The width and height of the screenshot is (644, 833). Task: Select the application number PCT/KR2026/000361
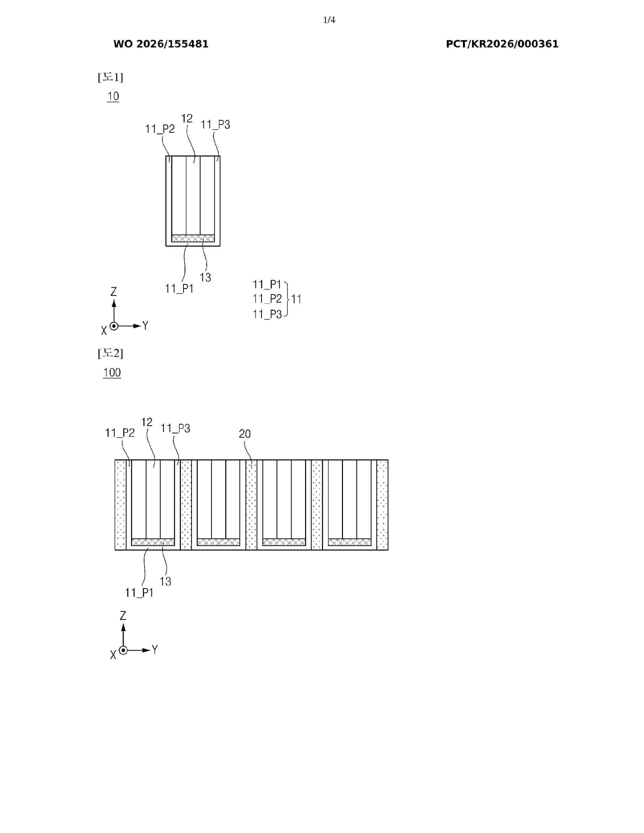502,44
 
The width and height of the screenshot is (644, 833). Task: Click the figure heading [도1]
110,77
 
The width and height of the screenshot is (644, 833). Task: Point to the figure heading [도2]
110,353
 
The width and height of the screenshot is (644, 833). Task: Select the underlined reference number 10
113,96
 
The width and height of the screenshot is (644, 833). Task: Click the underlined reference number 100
112,373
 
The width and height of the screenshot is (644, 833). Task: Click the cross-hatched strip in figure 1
193,238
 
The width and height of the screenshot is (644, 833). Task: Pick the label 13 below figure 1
205,277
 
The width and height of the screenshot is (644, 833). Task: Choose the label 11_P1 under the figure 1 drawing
179,289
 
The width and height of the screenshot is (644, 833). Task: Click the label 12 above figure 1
187,119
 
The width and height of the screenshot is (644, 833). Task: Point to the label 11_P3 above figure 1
215,125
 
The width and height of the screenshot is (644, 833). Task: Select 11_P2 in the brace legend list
267,299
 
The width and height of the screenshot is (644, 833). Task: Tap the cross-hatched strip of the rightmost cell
350,542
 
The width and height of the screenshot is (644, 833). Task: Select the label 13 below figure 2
165,581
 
